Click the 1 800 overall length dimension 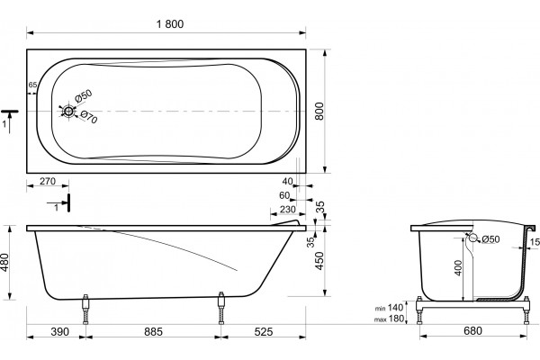(x=170, y=24)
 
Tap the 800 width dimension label (x=319, y=111)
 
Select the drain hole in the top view (x=68, y=112)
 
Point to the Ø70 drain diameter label (x=89, y=117)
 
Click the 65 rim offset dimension (x=32, y=85)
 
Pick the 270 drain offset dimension (x=48, y=181)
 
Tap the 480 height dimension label (x=5, y=263)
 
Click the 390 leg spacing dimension (x=60, y=332)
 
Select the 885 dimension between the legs (x=153, y=332)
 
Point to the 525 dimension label (x=264, y=332)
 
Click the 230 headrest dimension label (x=288, y=210)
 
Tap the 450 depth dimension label (x=319, y=261)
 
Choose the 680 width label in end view (x=472, y=330)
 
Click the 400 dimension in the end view (x=458, y=267)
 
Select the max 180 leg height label (x=389, y=319)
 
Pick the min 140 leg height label (x=389, y=308)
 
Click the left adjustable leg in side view (x=85, y=310)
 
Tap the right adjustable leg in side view (x=221, y=308)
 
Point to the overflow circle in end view (x=473, y=238)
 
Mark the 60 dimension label (x=284, y=195)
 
